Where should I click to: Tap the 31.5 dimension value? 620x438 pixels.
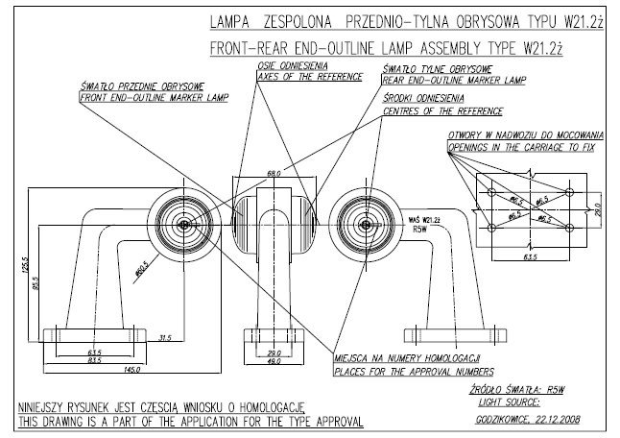[166, 336]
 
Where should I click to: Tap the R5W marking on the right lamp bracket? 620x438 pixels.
[419, 231]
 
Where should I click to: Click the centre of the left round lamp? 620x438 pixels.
[185, 225]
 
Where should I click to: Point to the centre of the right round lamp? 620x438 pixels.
[364, 225]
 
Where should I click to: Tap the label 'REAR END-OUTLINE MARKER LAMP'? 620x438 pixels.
[454, 81]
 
